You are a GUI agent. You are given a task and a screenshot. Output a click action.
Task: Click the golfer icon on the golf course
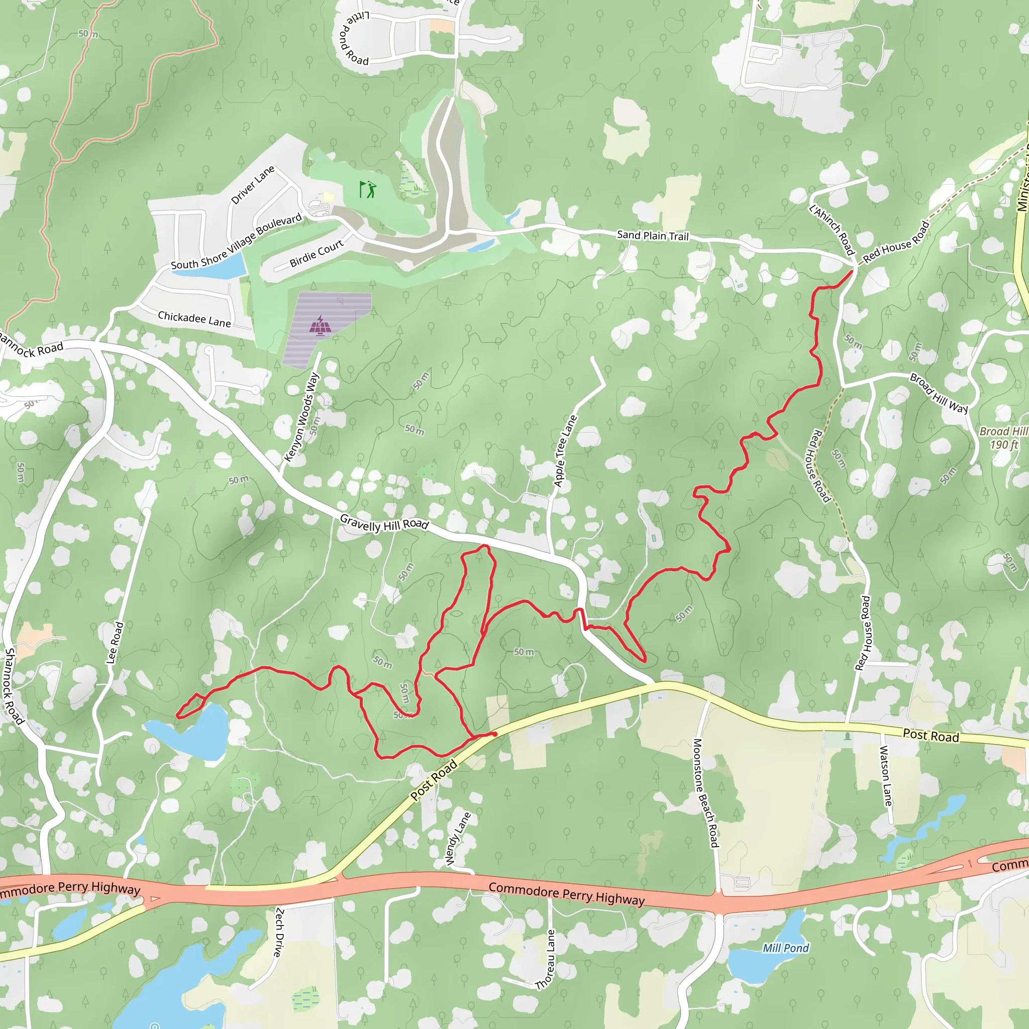(367, 189)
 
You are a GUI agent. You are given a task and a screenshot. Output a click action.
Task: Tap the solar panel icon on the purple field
(320, 326)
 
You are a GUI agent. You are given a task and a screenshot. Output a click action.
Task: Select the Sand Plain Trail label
(653, 236)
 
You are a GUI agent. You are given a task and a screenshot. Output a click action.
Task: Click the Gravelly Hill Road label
(384, 523)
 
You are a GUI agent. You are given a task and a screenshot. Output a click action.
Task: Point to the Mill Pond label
(785, 948)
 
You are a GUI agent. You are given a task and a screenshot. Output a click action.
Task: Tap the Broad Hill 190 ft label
(1003, 438)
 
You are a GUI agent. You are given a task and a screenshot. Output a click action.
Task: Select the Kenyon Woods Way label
(301, 417)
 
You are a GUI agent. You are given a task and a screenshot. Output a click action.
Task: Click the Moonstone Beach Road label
(706, 792)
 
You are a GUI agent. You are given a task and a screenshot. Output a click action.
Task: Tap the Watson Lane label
(885, 775)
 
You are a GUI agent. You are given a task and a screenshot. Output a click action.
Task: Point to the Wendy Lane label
(458, 839)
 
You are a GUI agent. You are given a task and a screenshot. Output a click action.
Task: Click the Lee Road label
(115, 642)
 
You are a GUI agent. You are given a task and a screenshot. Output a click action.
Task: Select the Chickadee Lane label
(194, 319)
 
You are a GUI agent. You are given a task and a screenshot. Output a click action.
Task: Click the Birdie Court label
(317, 254)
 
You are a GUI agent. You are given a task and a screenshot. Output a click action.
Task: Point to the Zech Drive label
(278, 933)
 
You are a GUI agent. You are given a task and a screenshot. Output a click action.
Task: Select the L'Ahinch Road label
(832, 230)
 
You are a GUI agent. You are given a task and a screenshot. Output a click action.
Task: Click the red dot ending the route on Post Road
(495, 734)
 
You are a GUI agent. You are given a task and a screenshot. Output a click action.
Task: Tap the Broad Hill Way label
(939, 393)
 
